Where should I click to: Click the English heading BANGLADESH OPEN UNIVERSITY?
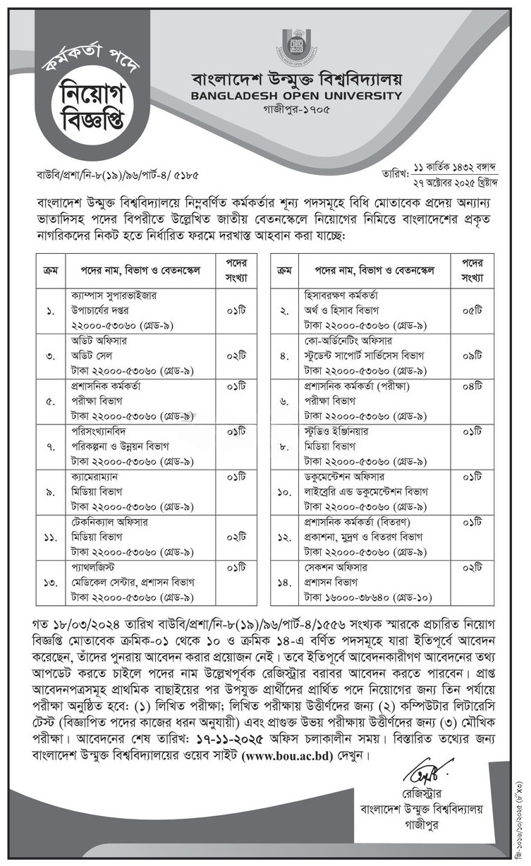click(291, 96)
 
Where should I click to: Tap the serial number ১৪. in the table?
click(285, 582)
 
